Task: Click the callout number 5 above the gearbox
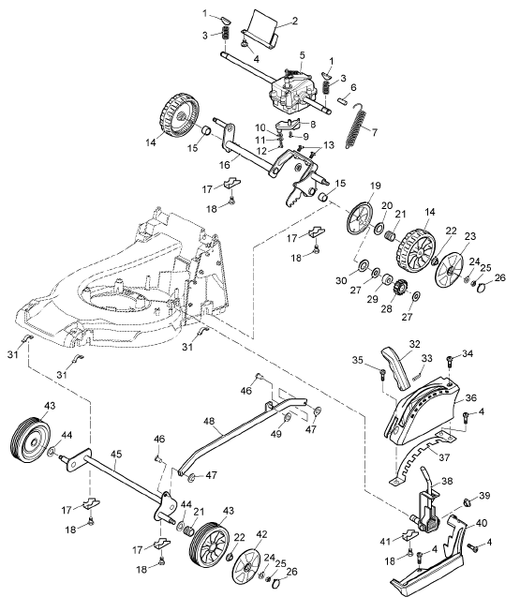point(303,55)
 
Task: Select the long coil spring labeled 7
point(358,126)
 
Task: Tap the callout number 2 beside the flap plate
point(295,21)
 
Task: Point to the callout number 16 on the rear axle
point(225,165)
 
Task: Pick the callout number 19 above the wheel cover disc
point(376,186)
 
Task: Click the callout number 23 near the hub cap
point(470,236)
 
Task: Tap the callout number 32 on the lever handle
point(415,344)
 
